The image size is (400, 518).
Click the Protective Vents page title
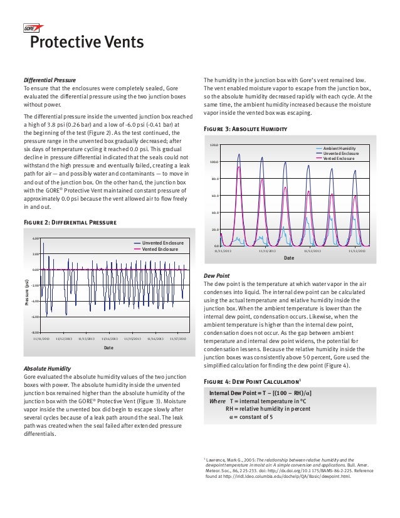(x=87, y=43)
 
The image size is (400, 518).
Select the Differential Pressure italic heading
(x=50, y=81)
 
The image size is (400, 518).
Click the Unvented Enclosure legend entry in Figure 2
(x=161, y=242)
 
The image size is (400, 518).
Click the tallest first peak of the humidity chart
(x=239, y=154)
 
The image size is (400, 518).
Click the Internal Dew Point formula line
(x=260, y=393)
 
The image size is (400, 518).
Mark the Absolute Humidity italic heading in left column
(x=47, y=368)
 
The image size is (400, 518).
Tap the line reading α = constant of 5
(x=250, y=416)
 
